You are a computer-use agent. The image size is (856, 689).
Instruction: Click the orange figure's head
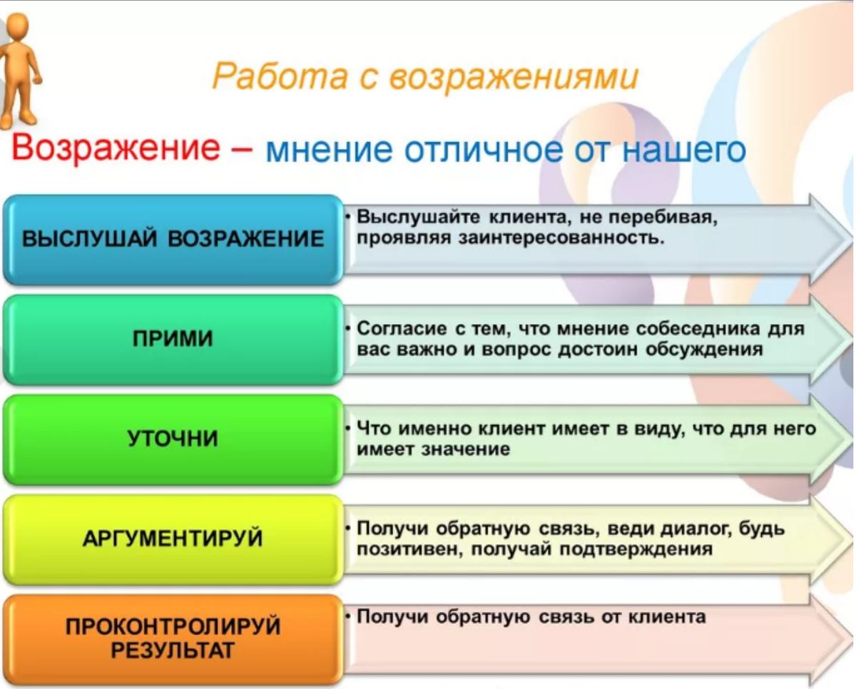point(18,26)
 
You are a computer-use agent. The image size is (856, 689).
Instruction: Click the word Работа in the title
point(280,76)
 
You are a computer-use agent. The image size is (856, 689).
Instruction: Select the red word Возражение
point(116,148)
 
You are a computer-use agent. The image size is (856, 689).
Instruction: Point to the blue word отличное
point(483,150)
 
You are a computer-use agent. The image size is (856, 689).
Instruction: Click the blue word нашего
point(684,151)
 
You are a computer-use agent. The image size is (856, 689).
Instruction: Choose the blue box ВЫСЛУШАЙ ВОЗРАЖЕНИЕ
point(173,240)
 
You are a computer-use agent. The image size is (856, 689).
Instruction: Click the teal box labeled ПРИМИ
point(173,340)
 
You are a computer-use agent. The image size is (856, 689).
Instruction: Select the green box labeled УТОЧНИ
point(173,439)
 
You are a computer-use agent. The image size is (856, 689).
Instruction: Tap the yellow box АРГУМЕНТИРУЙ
point(173,539)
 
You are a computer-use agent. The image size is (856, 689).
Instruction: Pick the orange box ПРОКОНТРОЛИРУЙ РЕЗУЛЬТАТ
point(173,639)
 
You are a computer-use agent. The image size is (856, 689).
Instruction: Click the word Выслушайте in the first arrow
point(418,218)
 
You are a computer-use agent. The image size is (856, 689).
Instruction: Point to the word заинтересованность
point(561,238)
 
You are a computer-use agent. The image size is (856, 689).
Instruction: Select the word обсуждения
point(705,350)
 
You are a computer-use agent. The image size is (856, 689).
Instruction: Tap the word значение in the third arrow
point(465,450)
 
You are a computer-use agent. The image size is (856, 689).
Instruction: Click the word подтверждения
point(636,550)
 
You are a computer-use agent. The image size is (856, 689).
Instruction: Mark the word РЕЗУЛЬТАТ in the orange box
point(172,650)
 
